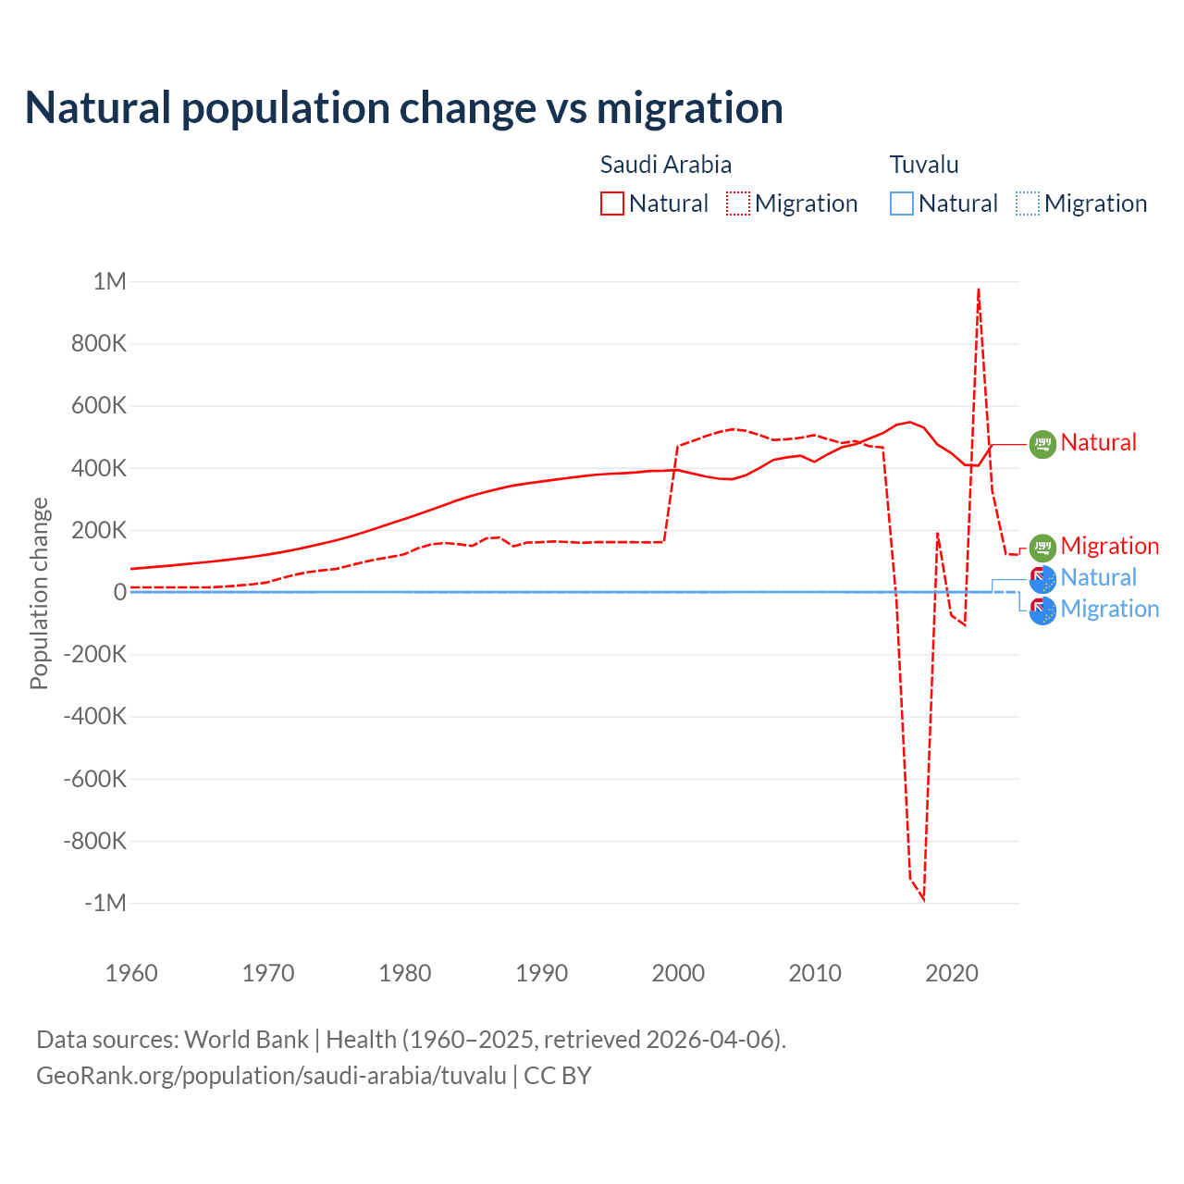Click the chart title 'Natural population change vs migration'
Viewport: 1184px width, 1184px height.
(404, 108)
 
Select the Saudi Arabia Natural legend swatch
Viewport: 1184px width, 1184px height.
(612, 203)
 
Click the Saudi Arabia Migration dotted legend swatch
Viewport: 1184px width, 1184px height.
(738, 203)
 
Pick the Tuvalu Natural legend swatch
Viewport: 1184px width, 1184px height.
(902, 203)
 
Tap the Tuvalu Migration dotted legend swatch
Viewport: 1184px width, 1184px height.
(1028, 203)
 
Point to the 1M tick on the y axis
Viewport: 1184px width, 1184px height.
(109, 281)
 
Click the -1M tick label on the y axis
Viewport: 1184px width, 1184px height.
(105, 903)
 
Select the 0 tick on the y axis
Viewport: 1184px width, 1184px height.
(119, 592)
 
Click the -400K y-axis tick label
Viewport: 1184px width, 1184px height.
(94, 716)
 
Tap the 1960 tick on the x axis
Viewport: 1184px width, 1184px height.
(131, 973)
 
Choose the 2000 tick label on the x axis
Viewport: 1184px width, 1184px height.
(678, 973)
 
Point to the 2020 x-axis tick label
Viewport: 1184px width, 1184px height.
(952, 973)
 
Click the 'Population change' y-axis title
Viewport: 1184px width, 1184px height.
(39, 593)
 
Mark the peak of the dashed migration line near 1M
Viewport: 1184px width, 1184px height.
(979, 290)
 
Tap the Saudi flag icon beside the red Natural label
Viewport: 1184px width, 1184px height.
(1042, 444)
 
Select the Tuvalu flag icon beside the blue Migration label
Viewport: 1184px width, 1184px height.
(1042, 610)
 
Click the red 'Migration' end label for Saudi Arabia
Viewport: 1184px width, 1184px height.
(1109, 546)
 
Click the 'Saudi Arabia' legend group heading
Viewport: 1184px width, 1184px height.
(666, 165)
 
